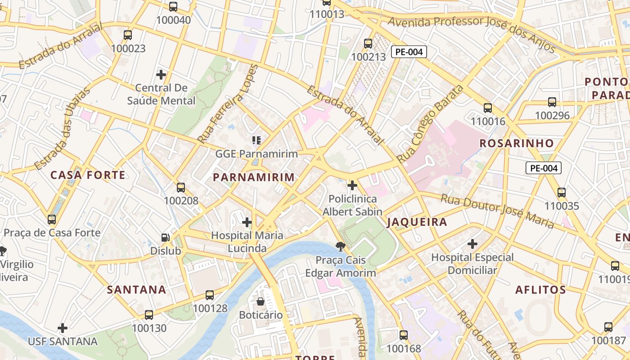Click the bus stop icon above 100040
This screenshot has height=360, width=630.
pos(173,7)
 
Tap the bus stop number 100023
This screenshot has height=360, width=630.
pos(128,49)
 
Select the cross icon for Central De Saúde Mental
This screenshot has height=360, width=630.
pos(161,74)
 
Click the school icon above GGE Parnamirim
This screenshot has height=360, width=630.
pos(256,140)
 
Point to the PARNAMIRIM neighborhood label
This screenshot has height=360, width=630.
pos(254,177)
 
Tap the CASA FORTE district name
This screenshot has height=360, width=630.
pos(88,175)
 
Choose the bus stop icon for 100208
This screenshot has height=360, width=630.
pos(181,188)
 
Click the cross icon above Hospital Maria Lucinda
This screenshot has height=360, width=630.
pos(247,222)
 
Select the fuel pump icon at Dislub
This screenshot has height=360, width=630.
pos(166,237)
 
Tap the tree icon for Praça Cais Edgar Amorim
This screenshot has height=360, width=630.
pos(341,246)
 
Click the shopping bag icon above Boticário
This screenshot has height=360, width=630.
pos(261,301)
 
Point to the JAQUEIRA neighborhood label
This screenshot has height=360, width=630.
pos(417,222)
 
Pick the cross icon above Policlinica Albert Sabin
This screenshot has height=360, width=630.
pos(352,185)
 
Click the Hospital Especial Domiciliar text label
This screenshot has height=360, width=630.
pos(472,264)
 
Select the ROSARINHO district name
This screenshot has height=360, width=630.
pos(517,144)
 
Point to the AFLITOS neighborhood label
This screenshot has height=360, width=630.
pos(540,290)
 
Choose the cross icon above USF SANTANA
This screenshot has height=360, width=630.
pos(63,328)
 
